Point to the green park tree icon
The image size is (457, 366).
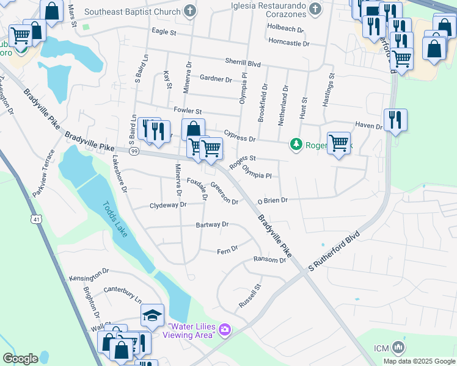[x=296, y=144]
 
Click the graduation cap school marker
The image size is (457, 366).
[x=152, y=315]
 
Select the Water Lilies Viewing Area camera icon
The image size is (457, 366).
[x=225, y=329]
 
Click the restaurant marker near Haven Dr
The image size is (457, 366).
[x=395, y=120]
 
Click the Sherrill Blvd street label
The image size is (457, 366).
[x=243, y=63]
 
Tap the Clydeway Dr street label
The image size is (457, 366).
[x=168, y=206]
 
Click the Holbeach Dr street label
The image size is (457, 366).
[x=285, y=28]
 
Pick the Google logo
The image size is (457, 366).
[x=20, y=359]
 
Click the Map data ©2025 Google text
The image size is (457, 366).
[x=419, y=361]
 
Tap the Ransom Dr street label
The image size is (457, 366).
[x=269, y=260]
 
